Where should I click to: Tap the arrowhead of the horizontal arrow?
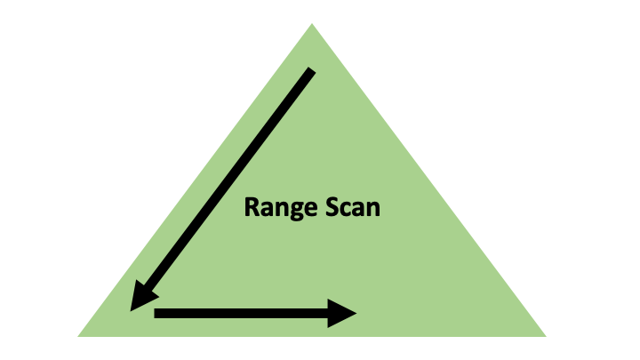(343, 313)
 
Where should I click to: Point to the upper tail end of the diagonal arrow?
(311, 70)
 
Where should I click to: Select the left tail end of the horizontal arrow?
(156, 313)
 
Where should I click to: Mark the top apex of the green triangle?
(312, 25)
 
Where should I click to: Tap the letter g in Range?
(288, 212)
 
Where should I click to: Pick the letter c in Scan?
(348, 211)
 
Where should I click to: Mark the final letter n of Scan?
(373, 211)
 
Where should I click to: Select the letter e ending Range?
(301, 211)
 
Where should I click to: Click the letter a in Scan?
(360, 211)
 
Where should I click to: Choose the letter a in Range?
(264, 211)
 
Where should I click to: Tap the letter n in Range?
(276, 211)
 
